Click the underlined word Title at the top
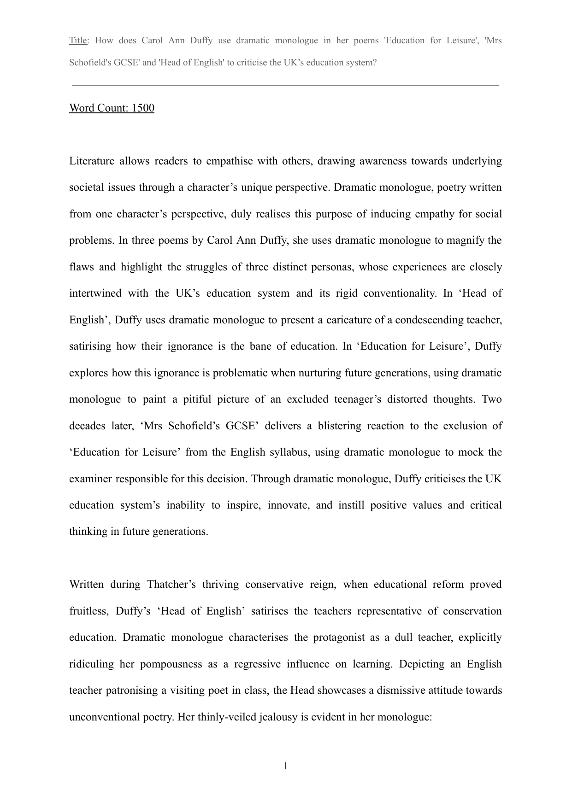click(x=78, y=41)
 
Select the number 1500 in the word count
click(x=143, y=108)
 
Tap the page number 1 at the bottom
click(x=286, y=766)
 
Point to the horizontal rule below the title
click(x=286, y=85)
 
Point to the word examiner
click(x=90, y=479)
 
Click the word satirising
click(x=90, y=346)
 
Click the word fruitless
click(x=88, y=611)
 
